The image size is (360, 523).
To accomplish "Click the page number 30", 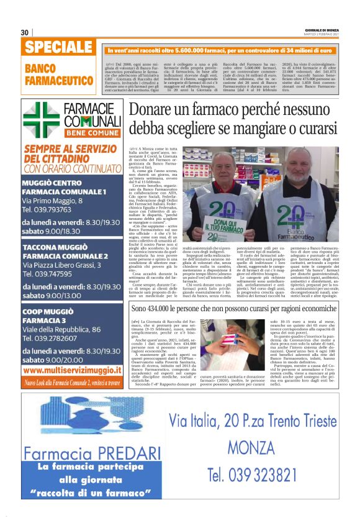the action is (x=25, y=32).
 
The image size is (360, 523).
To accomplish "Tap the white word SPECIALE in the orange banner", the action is (x=59, y=48).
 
